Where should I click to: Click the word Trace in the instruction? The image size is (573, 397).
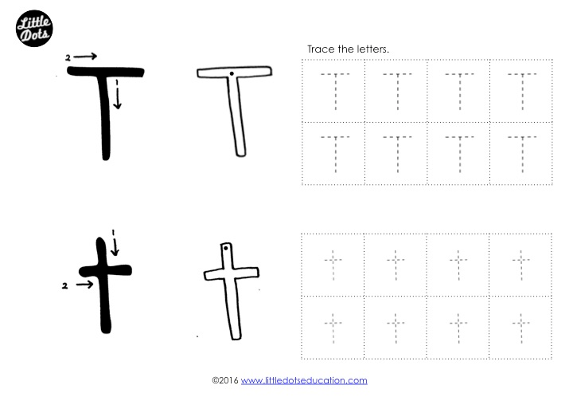(x=320, y=49)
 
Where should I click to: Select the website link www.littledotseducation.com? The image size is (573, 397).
(x=304, y=381)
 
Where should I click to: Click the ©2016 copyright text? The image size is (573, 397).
(x=225, y=381)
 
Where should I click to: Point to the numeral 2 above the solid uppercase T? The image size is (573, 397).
(x=68, y=57)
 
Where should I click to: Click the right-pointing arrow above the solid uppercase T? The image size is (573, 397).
(x=85, y=57)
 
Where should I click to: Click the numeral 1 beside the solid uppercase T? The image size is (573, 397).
(x=117, y=81)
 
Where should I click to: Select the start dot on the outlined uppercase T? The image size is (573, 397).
(x=231, y=74)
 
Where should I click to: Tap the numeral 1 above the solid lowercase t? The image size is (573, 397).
(x=114, y=232)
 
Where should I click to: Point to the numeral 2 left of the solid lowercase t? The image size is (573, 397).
(x=64, y=285)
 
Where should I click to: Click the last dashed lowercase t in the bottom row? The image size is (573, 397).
(x=520, y=325)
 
